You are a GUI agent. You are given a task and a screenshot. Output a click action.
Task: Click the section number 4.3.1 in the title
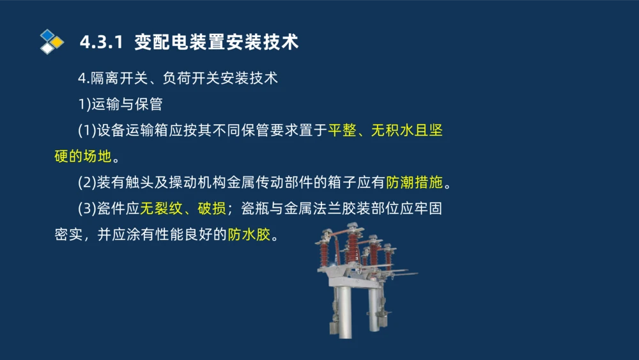[x=100, y=42]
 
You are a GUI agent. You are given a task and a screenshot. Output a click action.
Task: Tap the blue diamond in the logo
[x=47, y=35]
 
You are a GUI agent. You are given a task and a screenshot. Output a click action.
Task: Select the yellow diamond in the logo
[x=58, y=42]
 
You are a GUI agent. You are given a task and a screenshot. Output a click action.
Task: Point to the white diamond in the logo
[x=47, y=49]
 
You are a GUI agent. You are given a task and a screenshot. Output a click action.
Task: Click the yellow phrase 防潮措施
[x=414, y=183]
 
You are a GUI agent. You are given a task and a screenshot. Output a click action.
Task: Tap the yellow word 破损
[x=212, y=209]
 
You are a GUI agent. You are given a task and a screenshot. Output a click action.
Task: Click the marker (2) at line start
[x=86, y=183]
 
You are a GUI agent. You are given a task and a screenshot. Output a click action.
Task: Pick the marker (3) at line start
[x=86, y=209]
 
